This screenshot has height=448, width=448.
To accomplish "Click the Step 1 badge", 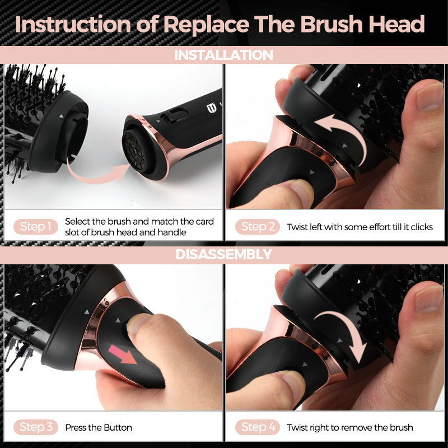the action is pyautogui.click(x=36, y=227).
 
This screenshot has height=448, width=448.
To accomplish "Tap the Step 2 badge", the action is pyautogui.click(x=258, y=227).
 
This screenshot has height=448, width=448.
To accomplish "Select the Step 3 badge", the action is pyautogui.click(x=36, y=427).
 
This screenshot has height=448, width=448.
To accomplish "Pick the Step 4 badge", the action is pyautogui.click(x=258, y=427).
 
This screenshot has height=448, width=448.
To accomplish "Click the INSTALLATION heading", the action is pyautogui.click(x=223, y=55).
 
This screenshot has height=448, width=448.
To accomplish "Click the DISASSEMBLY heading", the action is pyautogui.click(x=223, y=254).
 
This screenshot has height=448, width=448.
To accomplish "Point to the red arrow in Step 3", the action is pyautogui.click(x=122, y=354).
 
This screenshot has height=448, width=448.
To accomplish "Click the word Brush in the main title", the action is pyautogui.click(x=332, y=24).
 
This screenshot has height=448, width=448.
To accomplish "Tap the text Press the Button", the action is pyautogui.click(x=99, y=427).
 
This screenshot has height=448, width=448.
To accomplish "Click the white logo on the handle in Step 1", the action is pyautogui.click(x=211, y=108).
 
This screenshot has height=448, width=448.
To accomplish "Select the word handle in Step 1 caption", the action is pyautogui.click(x=172, y=232).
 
